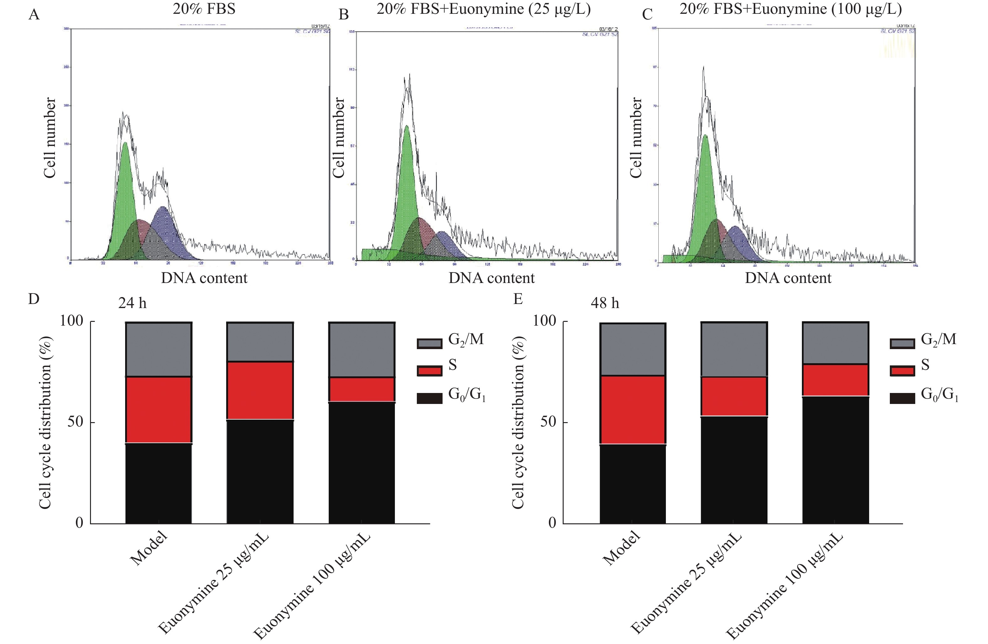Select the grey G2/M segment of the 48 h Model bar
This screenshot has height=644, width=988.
[633, 349]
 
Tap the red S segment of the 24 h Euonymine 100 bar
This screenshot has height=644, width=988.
[362, 390]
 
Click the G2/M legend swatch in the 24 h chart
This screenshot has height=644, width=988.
[429, 343]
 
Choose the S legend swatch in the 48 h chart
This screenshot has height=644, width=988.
[902, 370]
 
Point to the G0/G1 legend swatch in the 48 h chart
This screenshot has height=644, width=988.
[902, 398]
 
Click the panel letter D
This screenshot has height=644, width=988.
[34, 299]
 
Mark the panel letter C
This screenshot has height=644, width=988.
[647, 14]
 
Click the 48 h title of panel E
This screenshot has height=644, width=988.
[605, 303]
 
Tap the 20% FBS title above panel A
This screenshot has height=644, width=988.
[204, 9]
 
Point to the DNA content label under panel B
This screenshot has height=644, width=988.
[491, 278]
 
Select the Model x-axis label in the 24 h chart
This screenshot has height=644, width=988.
[149, 549]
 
